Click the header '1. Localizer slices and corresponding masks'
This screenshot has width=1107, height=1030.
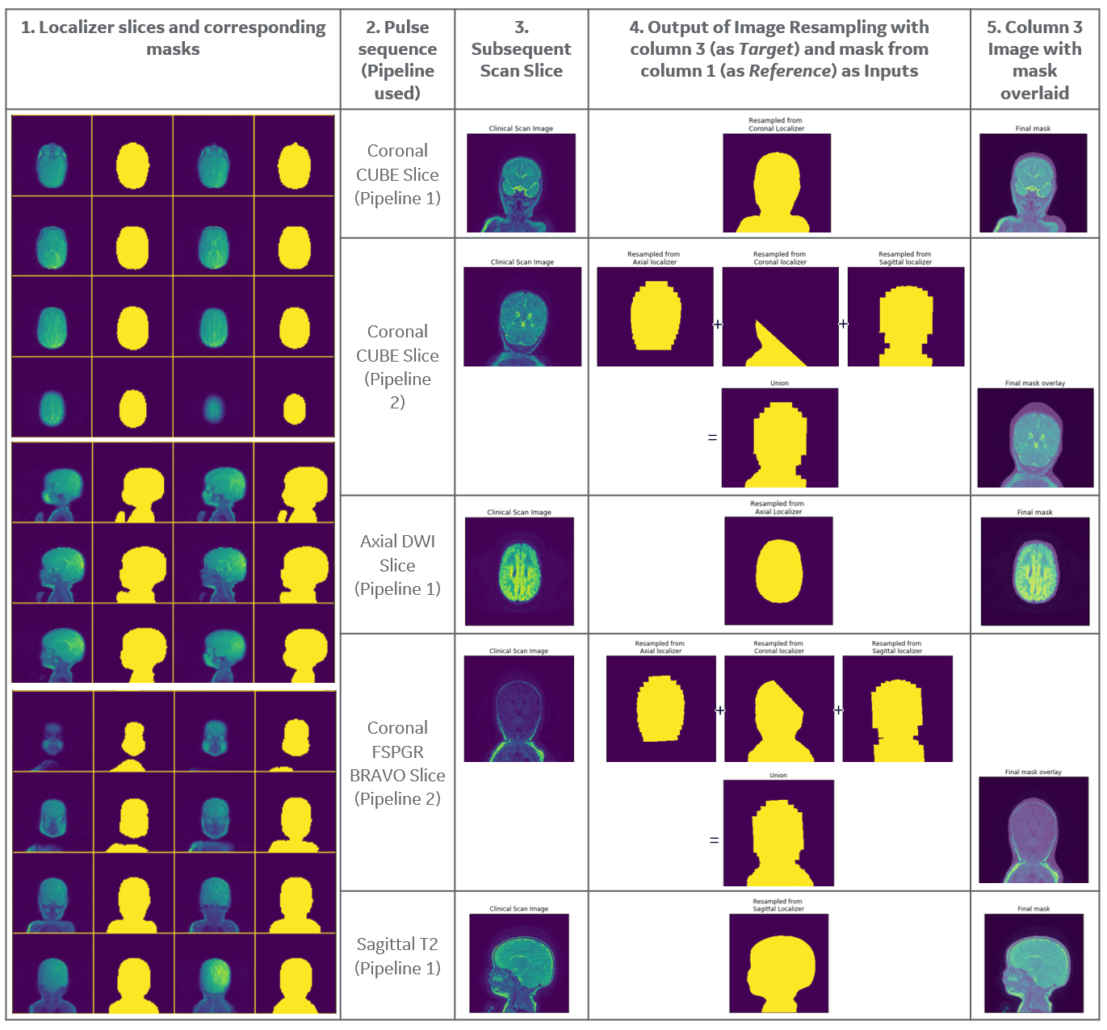tap(173, 38)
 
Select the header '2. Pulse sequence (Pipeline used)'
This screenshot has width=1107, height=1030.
tap(397, 60)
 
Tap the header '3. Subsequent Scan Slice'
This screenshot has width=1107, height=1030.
tap(521, 49)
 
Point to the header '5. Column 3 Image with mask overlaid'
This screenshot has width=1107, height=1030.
tap(1034, 60)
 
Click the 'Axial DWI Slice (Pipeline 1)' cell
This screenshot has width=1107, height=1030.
tap(397, 565)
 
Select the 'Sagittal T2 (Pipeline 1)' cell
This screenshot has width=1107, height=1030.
tap(397, 956)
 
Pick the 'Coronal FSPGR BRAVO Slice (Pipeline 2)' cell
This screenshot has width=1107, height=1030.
tap(397, 763)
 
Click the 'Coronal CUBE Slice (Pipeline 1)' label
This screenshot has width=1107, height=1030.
tap(397, 174)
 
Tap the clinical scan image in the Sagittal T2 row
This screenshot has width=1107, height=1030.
tap(519, 963)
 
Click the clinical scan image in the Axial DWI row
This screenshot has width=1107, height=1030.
tap(519, 572)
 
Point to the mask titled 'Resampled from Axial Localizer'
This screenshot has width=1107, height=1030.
tap(778, 571)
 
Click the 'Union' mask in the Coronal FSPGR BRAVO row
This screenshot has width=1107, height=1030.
tap(778, 833)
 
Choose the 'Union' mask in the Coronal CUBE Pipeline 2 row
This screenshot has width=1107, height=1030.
tap(779, 438)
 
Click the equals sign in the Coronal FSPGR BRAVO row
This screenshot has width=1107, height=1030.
tap(714, 840)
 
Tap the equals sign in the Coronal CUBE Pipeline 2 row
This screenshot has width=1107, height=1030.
tap(712, 438)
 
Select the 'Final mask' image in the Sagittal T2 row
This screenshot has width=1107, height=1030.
tap(1034, 963)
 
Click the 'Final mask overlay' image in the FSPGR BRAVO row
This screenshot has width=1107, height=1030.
tap(1034, 830)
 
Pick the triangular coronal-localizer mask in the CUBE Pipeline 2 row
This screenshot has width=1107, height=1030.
tap(780, 317)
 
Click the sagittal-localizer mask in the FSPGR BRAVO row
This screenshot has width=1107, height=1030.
tap(897, 709)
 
